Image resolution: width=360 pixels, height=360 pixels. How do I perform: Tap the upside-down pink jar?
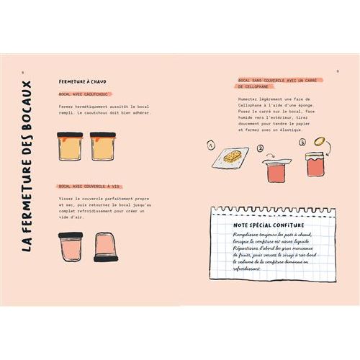(x=104, y=247)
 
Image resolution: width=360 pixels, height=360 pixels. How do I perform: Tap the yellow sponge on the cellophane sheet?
(x=232, y=156)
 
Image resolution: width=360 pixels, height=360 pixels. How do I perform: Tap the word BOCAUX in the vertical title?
(x=27, y=104)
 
